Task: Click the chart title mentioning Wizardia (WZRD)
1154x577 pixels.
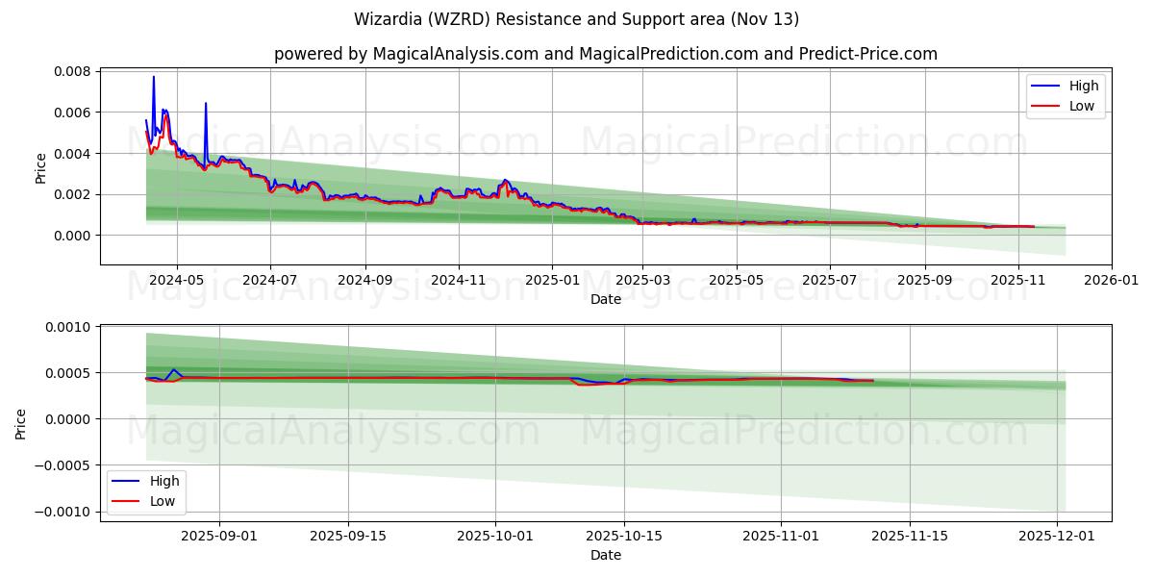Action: [x=576, y=19]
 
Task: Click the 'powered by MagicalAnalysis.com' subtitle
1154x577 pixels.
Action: [x=605, y=54]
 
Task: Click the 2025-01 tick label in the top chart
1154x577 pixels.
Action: [x=552, y=281]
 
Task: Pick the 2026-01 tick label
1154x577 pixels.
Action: [x=1112, y=281]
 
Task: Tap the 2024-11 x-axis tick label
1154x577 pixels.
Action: [x=458, y=281]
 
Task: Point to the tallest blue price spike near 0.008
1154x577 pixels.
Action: [x=153, y=77]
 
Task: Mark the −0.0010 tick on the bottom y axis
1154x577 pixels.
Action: [x=64, y=512]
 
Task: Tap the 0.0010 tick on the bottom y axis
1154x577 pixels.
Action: [x=69, y=327]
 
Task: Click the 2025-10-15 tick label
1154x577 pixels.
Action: [x=624, y=536]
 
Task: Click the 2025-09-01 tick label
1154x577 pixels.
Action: [x=219, y=536]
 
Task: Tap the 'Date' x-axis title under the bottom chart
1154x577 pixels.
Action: [x=606, y=555]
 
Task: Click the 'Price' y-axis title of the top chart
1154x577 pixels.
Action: [x=40, y=167]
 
